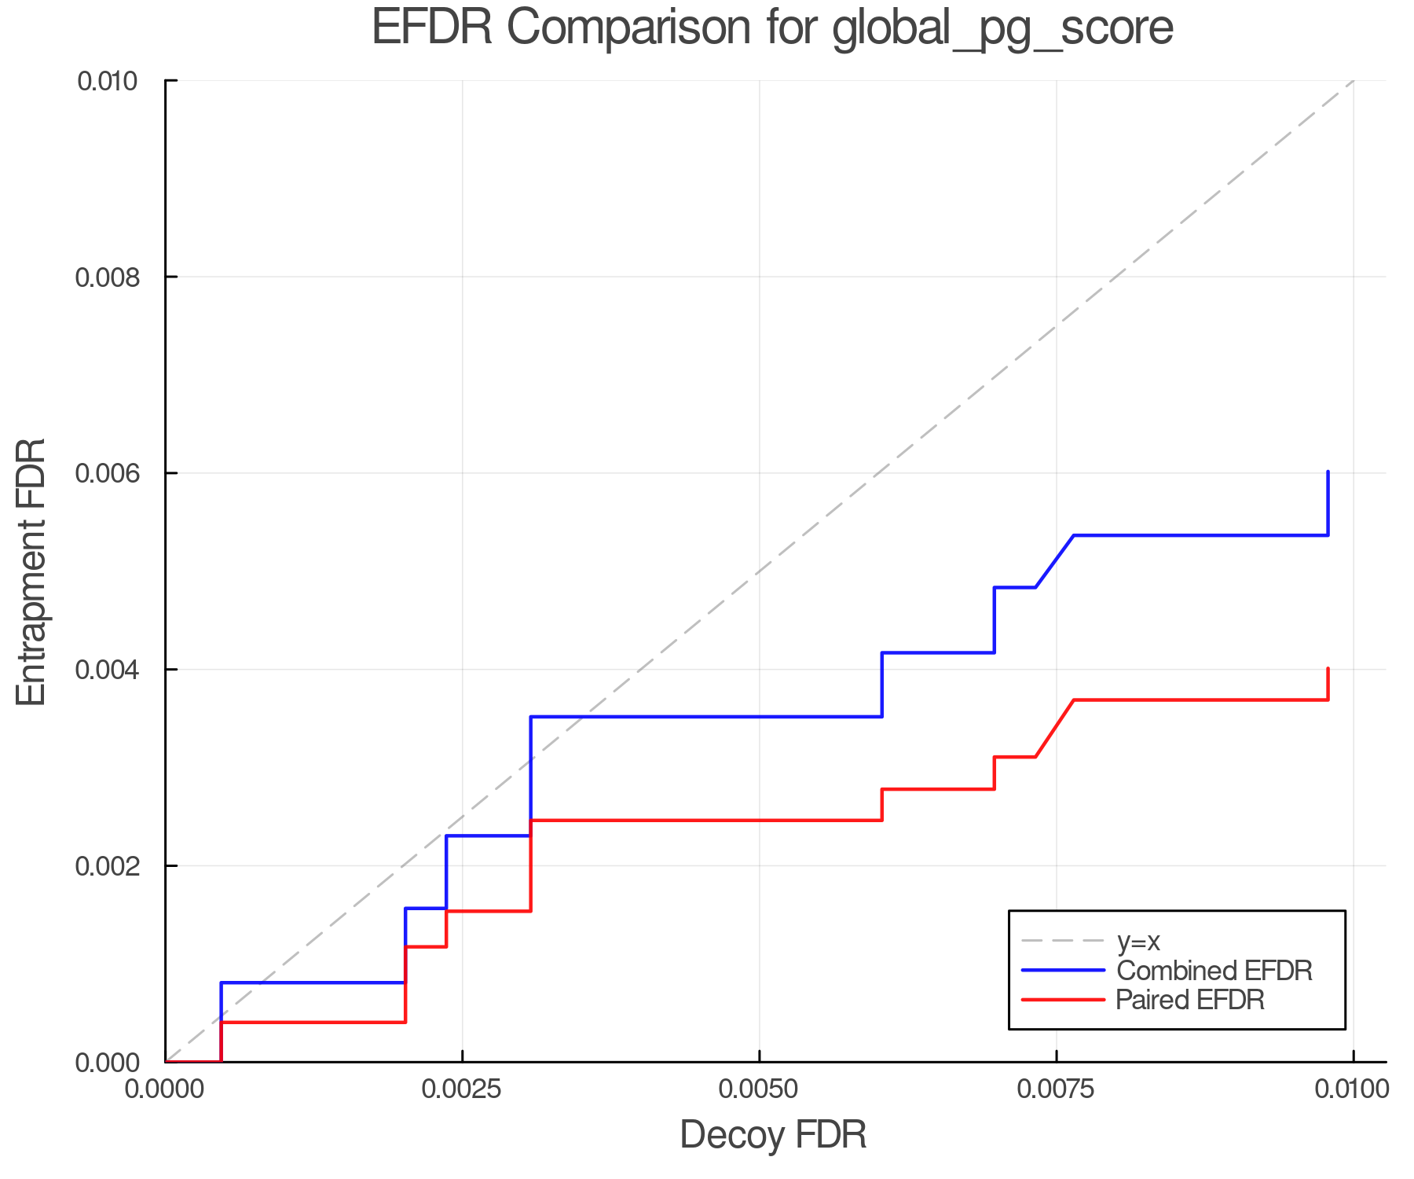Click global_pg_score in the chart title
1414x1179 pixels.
1002,29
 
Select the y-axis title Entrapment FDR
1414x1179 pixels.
31,571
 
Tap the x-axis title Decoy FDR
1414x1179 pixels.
773,1135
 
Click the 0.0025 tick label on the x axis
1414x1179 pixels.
462,1089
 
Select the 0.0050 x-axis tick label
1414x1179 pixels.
759,1089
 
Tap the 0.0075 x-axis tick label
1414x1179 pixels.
1056,1089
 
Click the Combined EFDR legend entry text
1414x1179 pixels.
1214,971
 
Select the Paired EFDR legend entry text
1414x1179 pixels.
1190,1000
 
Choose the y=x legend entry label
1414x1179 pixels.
1138,941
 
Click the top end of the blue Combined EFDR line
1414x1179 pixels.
1328,472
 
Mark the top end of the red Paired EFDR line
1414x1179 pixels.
1328,669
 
